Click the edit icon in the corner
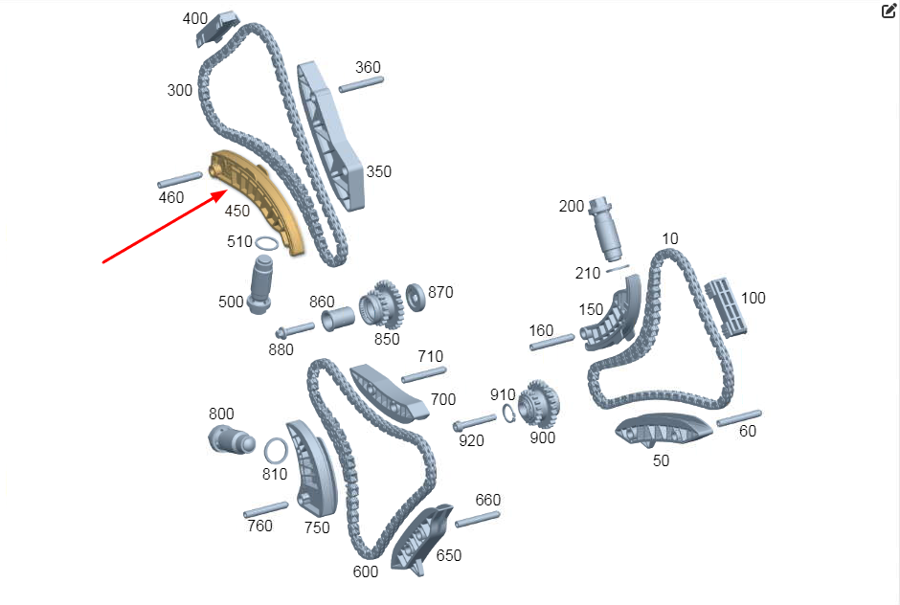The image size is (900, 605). [889, 11]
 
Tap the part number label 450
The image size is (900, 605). [237, 211]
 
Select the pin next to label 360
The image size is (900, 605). [361, 84]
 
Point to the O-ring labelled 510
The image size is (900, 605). [267, 243]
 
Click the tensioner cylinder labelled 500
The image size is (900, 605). [260, 284]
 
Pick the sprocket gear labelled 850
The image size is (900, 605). [381, 304]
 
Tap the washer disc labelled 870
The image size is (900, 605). [416, 297]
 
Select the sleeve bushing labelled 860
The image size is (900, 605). [338, 319]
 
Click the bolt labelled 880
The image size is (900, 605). [295, 330]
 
